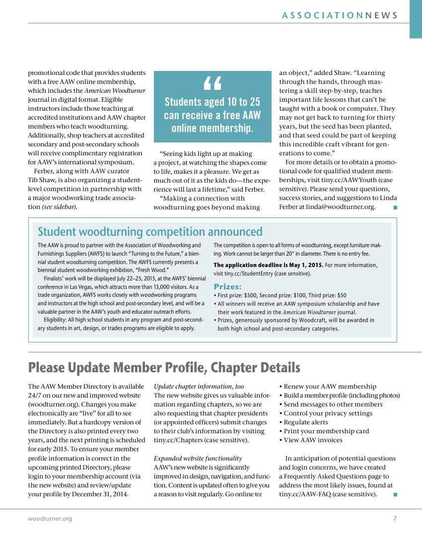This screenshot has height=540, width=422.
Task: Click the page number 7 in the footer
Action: click(395, 519)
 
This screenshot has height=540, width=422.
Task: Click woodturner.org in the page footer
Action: click(50, 519)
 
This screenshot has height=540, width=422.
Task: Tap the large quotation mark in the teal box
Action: click(212, 84)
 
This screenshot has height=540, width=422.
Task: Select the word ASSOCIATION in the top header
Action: click(322, 15)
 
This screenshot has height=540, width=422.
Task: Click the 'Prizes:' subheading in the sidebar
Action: click(227, 286)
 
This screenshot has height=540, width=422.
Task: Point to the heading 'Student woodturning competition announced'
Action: click(150, 232)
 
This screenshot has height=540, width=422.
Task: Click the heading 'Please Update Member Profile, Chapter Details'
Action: click(164, 368)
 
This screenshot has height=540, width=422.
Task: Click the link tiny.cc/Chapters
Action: click(177, 440)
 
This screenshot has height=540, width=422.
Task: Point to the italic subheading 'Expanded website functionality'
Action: click(198, 458)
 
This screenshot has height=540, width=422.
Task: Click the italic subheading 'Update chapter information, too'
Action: click(199, 386)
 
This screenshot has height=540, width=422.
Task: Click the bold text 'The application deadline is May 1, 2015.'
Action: click(268, 265)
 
